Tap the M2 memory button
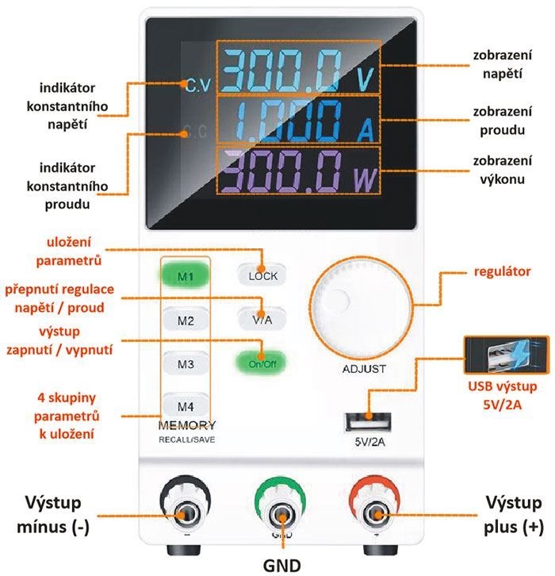186,321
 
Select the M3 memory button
186,364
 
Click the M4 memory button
186,403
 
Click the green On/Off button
262,363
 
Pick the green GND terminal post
281,514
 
